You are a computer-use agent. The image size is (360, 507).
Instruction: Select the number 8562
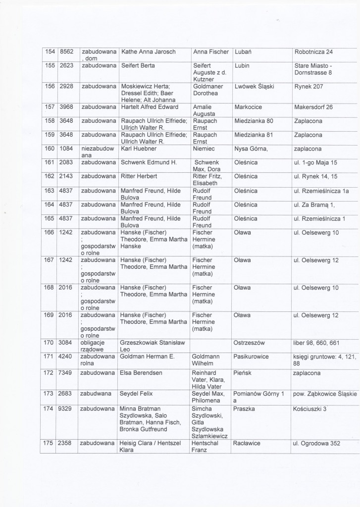click(66, 51)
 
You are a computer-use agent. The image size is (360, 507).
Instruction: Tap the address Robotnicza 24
click(313, 51)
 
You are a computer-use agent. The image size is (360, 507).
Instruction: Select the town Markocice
click(249, 106)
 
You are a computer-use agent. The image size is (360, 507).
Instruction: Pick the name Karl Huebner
click(139, 149)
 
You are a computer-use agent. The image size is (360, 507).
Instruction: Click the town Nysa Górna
click(252, 149)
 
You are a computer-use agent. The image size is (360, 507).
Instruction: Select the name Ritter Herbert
click(139, 176)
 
